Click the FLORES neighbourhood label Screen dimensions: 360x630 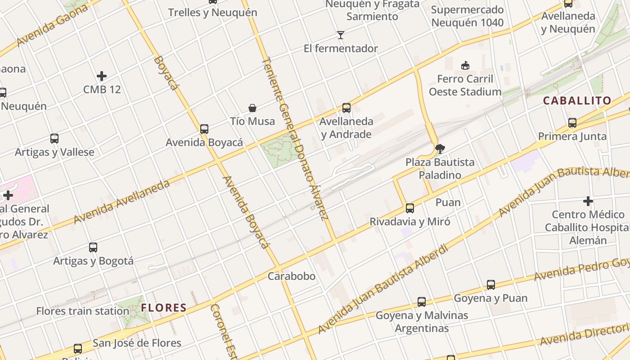pos(164,308)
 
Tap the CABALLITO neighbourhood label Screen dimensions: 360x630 pos(577,100)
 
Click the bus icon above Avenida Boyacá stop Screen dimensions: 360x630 pos(204,129)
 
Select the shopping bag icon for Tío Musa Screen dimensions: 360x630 pos(252,108)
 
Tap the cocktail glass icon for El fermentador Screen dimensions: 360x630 pos(341,35)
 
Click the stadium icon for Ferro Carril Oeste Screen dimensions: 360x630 pos(465,66)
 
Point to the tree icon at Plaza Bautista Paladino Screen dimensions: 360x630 pos(440,148)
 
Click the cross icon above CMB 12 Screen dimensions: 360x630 pos(102,76)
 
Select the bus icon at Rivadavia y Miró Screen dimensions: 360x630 pos(409,208)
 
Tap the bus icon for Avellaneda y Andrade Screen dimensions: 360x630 pos(346,108)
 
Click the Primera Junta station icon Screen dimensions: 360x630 pos(572,123)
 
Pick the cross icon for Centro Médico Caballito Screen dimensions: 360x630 pos(588,201)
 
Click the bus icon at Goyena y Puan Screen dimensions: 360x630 pos(490,285)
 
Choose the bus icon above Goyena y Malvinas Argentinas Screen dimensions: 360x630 pos(421,302)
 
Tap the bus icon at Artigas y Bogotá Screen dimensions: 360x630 pos(93,247)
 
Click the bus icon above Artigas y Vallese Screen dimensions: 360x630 pos(54,139)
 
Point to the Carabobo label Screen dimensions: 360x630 pos(292,276)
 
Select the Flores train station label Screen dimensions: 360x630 pos(83,311)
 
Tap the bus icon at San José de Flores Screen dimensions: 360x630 pos(78,349)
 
